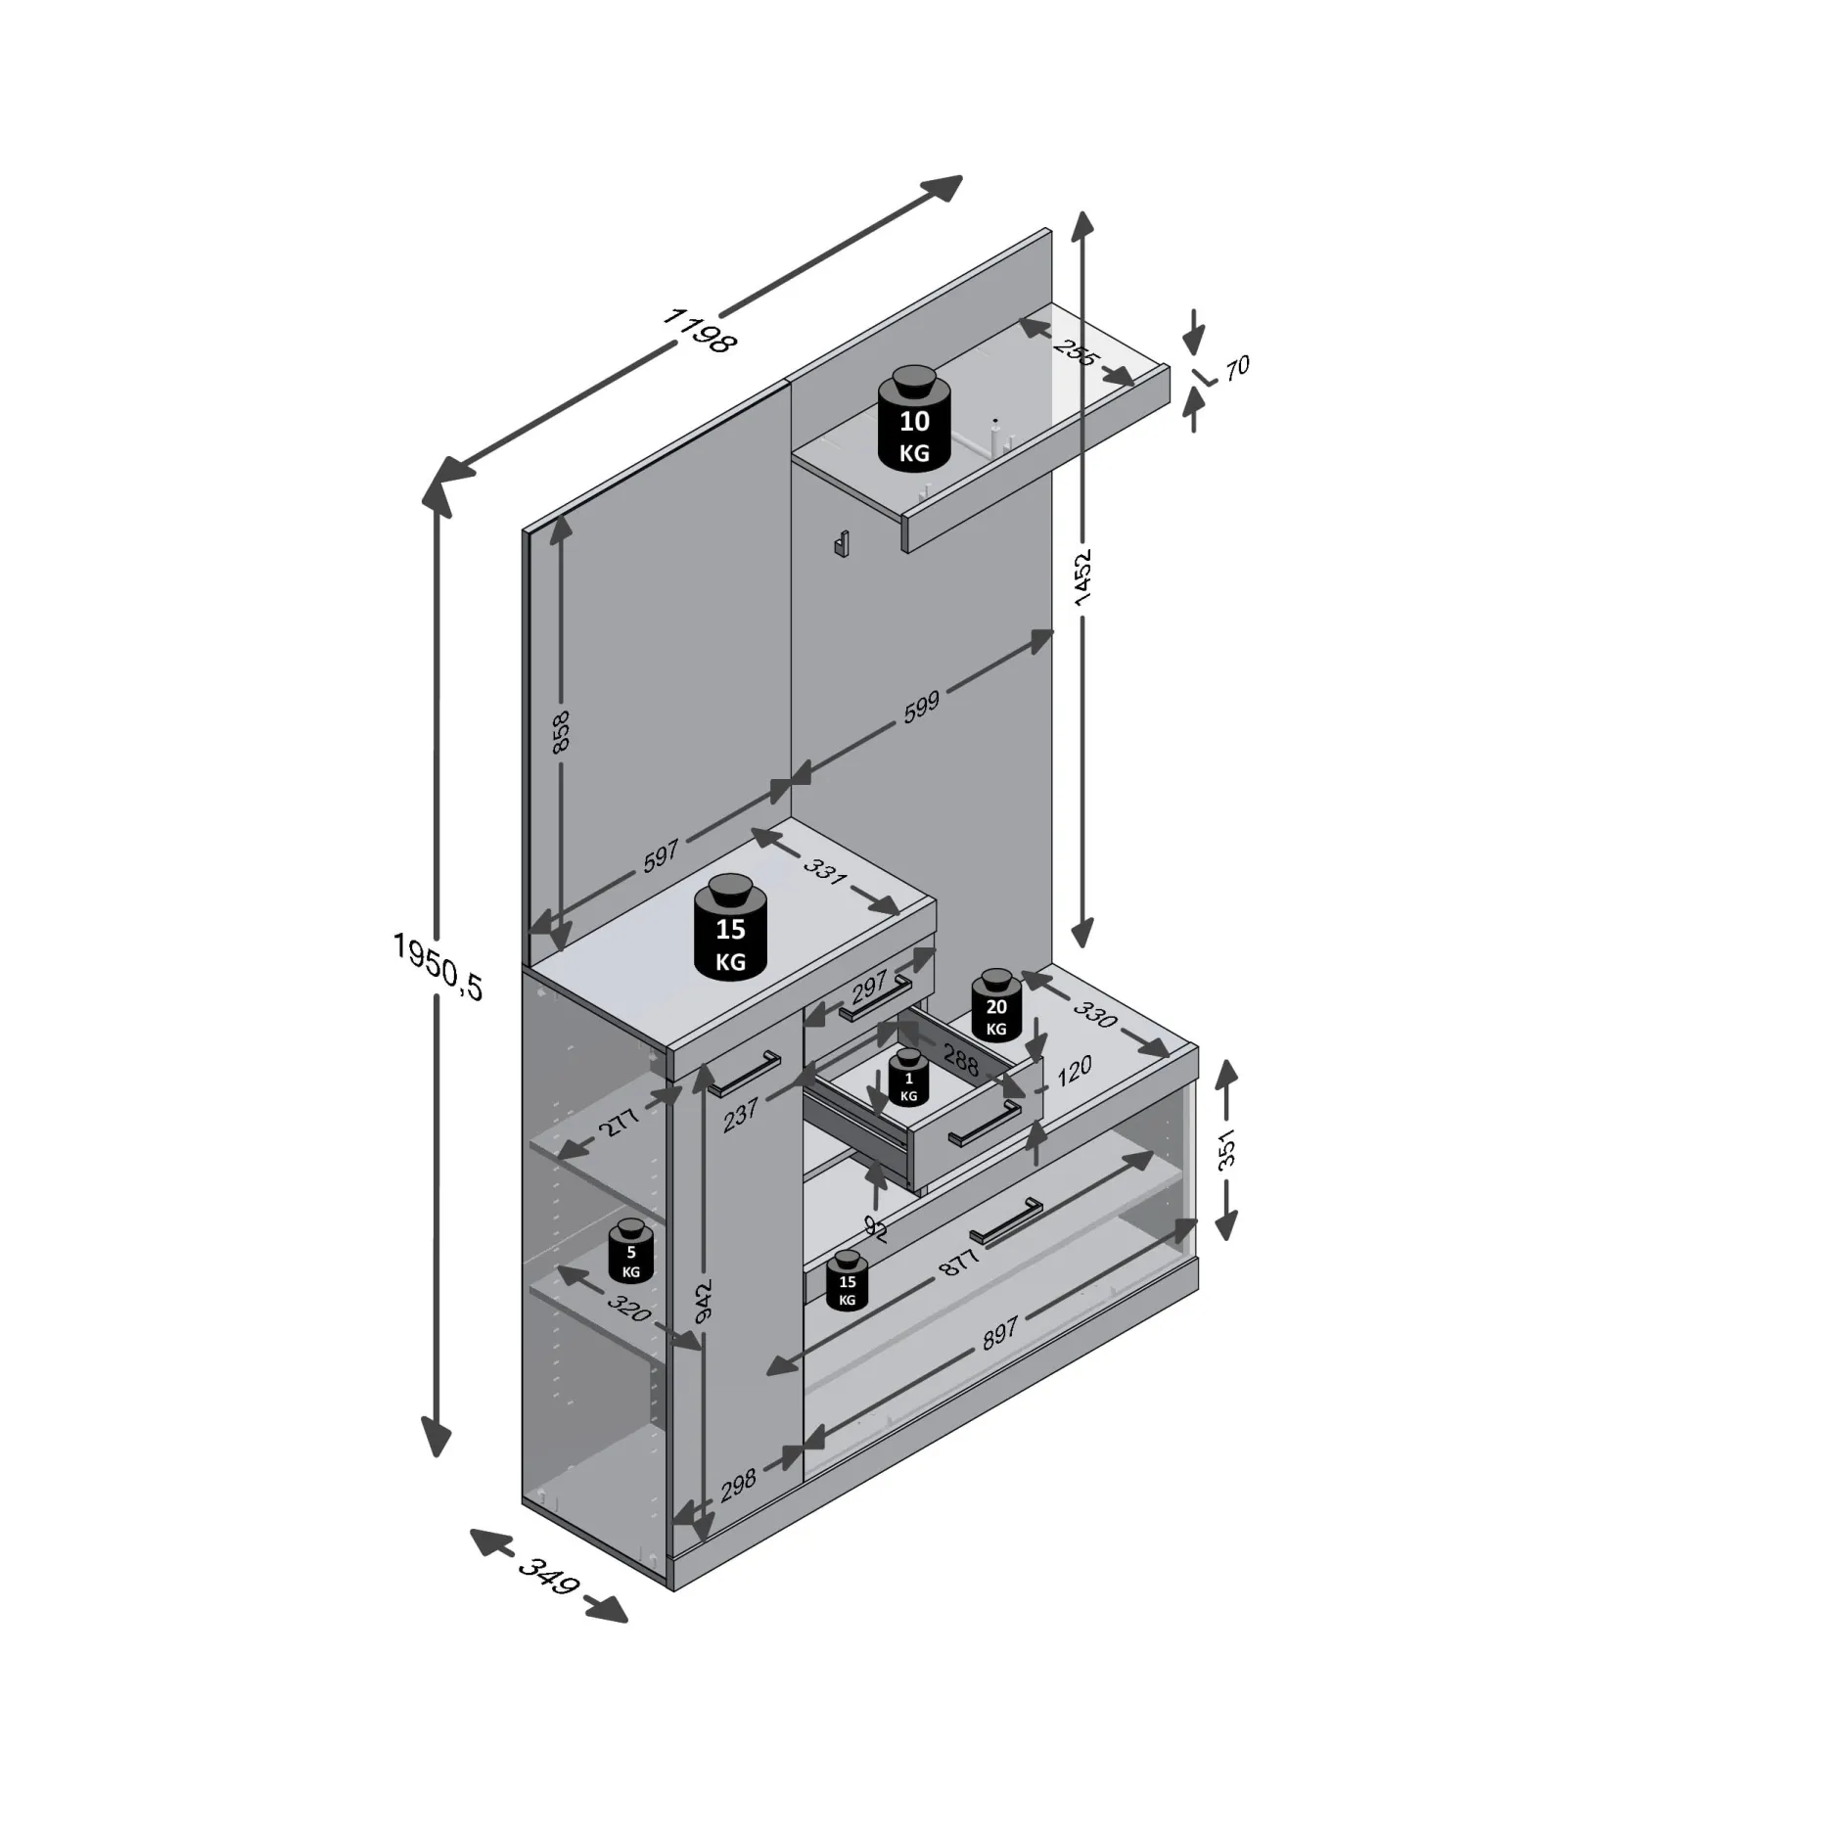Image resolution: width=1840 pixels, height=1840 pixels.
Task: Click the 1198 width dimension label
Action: pyautogui.click(x=699, y=330)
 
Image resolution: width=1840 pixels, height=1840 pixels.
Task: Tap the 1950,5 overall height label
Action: pyautogui.click(x=437, y=965)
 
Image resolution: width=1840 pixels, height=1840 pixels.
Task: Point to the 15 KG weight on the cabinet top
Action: pyautogui.click(x=730, y=927)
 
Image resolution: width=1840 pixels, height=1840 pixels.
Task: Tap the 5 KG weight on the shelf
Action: pyautogui.click(x=631, y=1251)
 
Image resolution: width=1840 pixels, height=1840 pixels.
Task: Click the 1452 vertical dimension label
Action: pyautogui.click(x=1081, y=577)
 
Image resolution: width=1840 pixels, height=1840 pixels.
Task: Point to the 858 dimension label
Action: pyautogui.click(x=561, y=731)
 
